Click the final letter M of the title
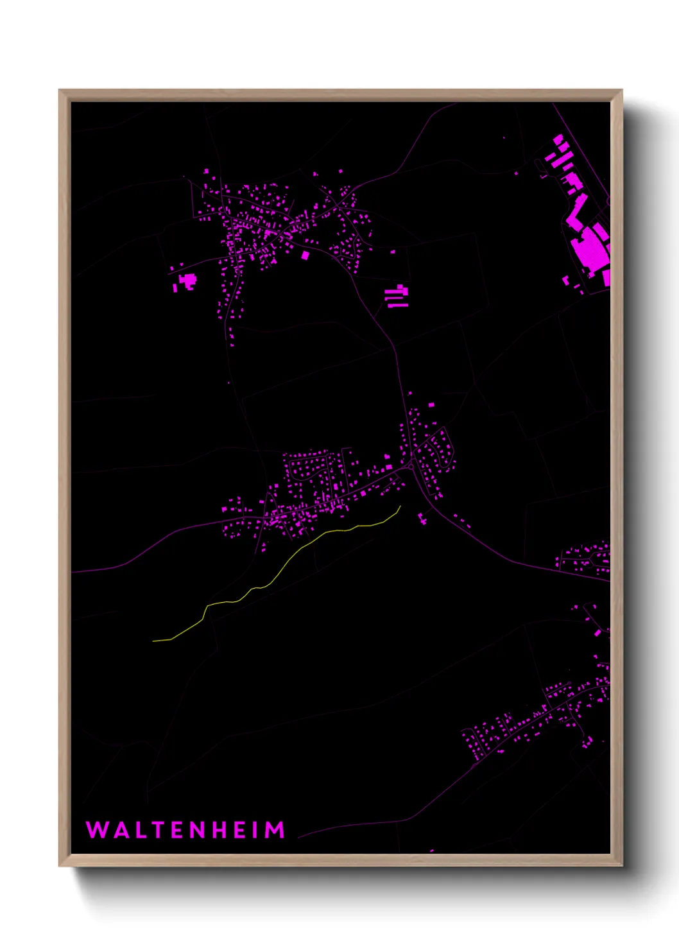(275, 830)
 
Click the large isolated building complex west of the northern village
(188, 281)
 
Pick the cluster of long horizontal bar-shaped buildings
(397, 297)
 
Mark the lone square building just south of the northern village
(305, 255)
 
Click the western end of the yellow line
(154, 641)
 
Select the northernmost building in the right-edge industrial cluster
(558, 139)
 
